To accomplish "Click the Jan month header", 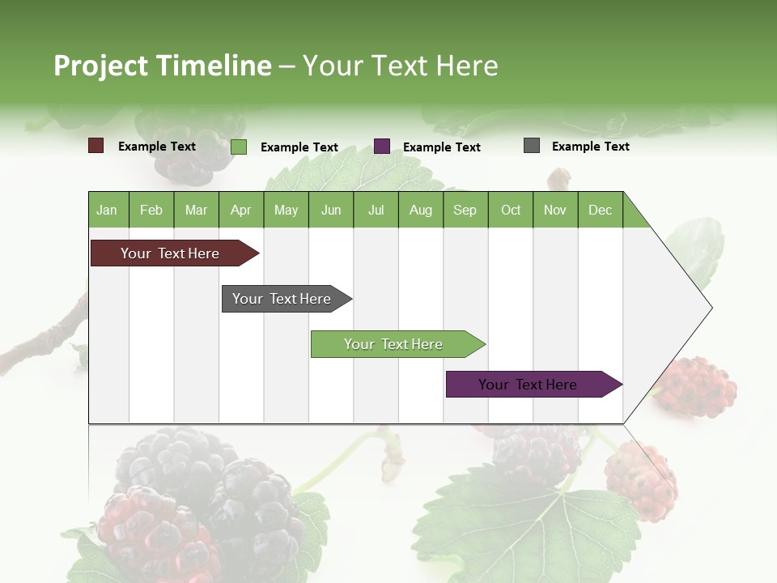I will point(108,210).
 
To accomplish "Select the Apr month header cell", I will point(241,210).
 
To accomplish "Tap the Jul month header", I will point(376,210).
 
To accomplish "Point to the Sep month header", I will point(465,210).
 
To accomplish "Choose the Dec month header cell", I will point(600,210).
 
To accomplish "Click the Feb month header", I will point(151,210).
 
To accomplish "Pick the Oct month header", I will point(511,210).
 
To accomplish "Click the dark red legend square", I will point(96,146).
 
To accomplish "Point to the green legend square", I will point(239,147).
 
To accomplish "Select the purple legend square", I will point(382,147).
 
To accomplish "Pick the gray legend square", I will point(532,146).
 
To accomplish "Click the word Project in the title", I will point(100,66).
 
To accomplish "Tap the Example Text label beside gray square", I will point(590,147).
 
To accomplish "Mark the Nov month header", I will point(555,210).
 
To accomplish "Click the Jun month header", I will point(331,210).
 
